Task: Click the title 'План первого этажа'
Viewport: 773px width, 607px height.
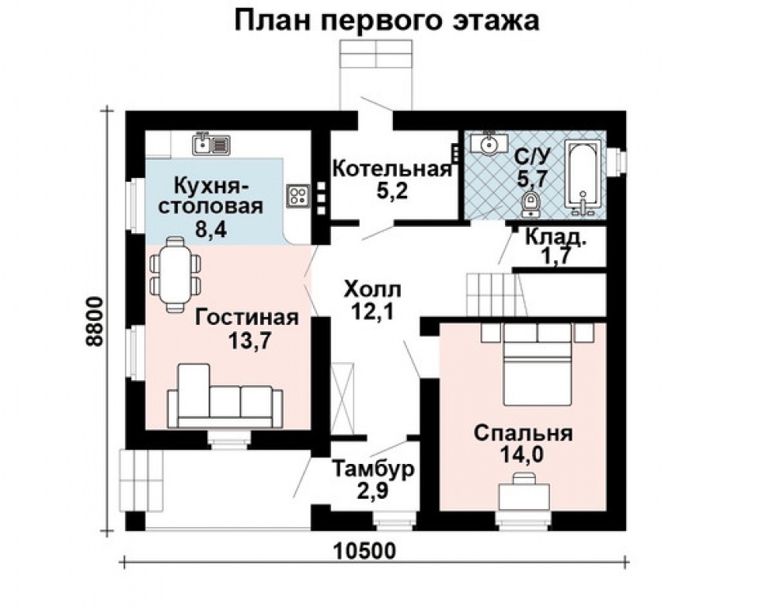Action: click(x=386, y=21)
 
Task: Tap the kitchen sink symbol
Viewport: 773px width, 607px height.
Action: click(x=212, y=144)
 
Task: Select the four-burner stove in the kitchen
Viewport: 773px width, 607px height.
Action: click(x=298, y=195)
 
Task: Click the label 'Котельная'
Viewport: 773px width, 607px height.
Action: click(x=392, y=169)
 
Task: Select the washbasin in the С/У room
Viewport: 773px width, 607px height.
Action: click(x=489, y=145)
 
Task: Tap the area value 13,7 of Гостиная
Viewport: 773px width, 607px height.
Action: click(x=248, y=341)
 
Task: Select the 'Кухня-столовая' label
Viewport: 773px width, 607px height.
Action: click(x=211, y=197)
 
